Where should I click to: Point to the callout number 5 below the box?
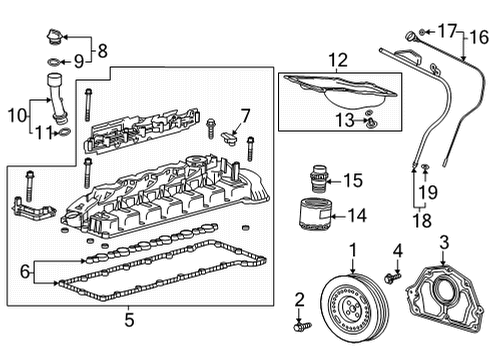tap(129, 320)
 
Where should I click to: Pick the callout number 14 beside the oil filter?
tap(356, 214)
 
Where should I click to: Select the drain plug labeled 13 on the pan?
tap(370, 123)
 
